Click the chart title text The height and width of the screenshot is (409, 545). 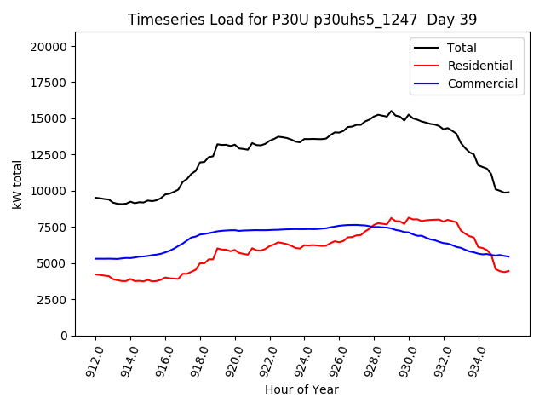tap(302, 20)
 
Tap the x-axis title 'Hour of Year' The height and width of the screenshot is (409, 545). tap(301, 389)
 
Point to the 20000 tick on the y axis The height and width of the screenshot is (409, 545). tap(49, 47)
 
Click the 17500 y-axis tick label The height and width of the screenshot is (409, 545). tap(49, 83)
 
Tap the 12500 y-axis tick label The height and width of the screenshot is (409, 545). tap(49, 155)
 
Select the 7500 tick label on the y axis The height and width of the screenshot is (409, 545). tap(53, 228)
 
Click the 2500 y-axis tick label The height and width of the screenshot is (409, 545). tap(53, 300)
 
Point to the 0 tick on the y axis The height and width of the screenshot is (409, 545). tap(64, 336)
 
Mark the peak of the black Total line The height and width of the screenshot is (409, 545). tap(392, 111)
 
